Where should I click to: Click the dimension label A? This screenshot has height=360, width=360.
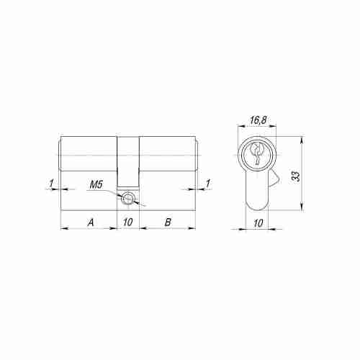[x=91, y=222]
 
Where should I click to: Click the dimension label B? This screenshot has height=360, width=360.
[x=168, y=222]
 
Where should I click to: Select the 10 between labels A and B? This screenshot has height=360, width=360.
[x=128, y=222]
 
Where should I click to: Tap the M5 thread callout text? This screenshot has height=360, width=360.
[x=96, y=185]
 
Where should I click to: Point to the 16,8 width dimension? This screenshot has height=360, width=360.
[x=258, y=120]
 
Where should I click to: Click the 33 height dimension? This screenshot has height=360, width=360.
[x=297, y=176]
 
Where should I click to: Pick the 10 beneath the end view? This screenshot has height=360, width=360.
[x=258, y=223]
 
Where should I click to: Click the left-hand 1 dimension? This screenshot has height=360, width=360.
[x=51, y=184]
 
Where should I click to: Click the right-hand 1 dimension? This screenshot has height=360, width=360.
[x=208, y=184]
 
